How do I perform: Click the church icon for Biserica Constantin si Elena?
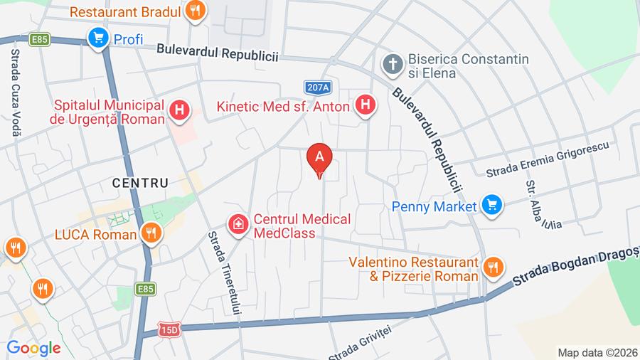click(391, 65)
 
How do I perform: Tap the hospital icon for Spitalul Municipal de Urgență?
click(180, 110)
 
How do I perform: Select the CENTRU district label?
click(140, 183)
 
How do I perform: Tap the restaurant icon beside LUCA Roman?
click(150, 233)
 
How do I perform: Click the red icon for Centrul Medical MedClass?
click(238, 225)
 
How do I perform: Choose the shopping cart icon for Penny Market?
click(490, 206)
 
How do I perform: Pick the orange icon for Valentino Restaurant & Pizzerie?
click(491, 268)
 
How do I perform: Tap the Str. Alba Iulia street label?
click(542, 205)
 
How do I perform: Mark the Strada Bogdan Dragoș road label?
click(576, 268)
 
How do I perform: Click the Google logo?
click(33, 348)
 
